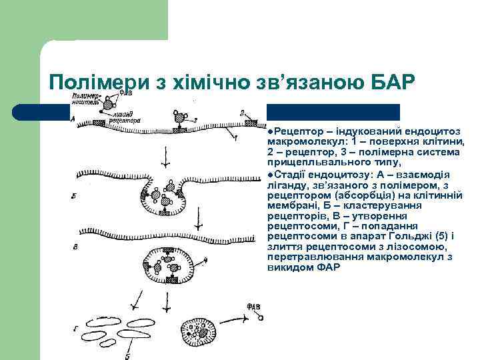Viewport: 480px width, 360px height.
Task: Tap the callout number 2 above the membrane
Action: pyautogui.click(x=241, y=113)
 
